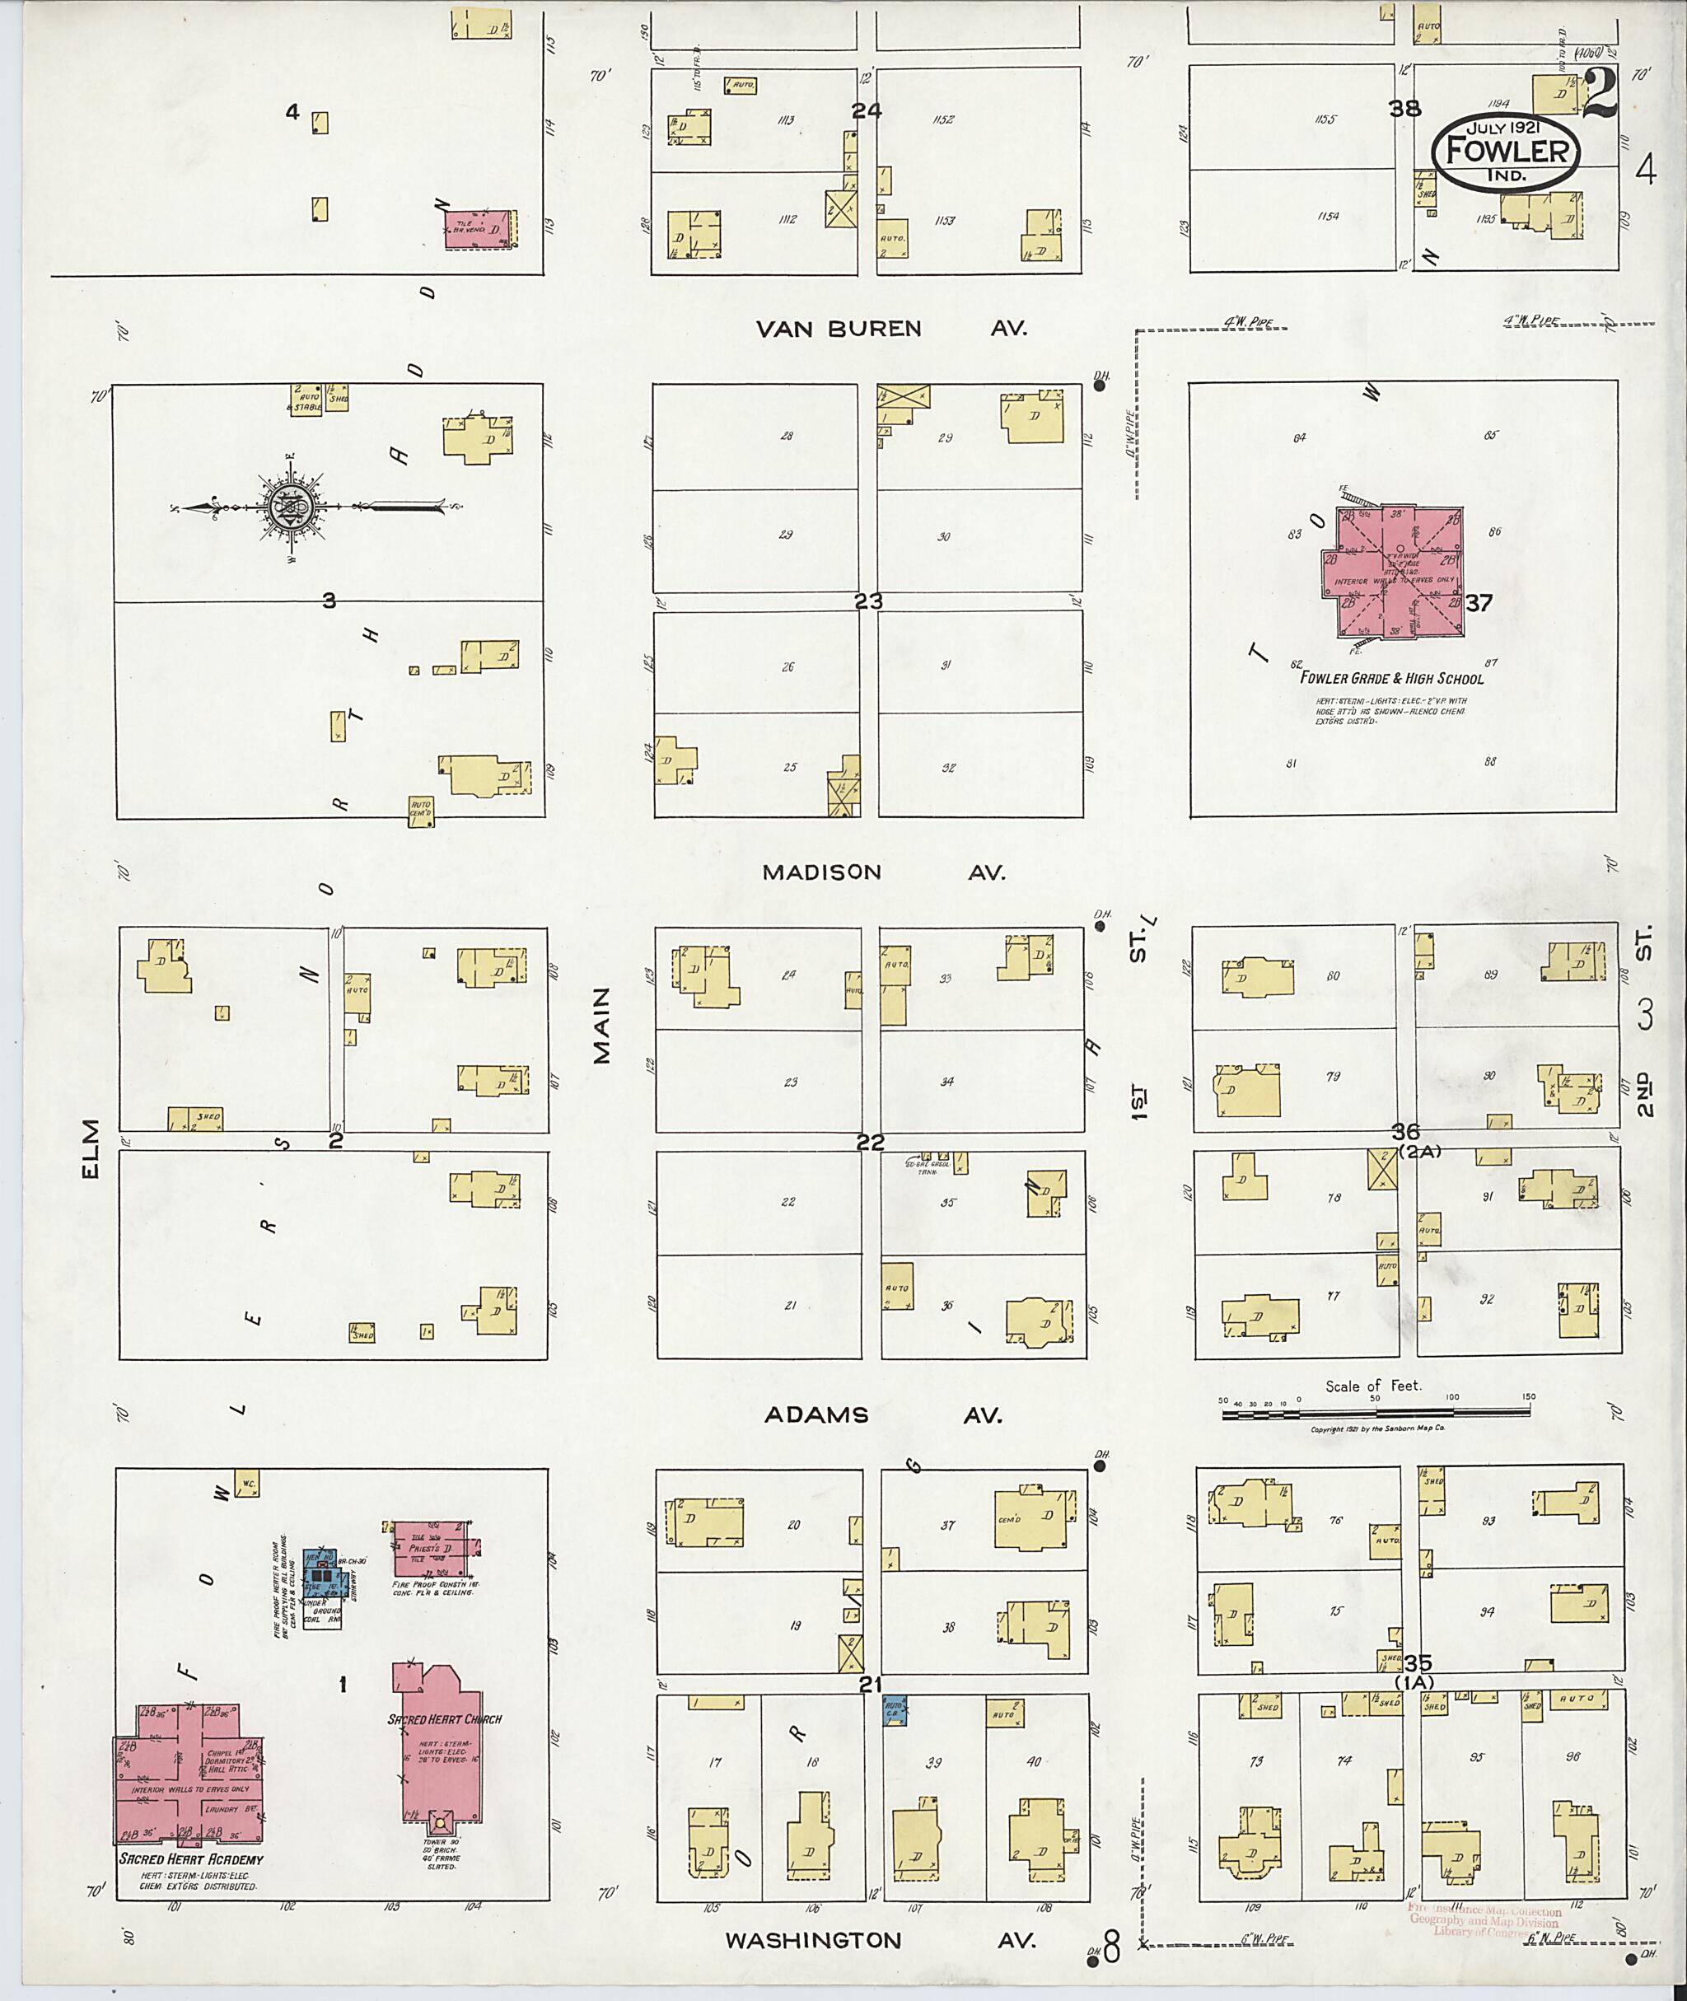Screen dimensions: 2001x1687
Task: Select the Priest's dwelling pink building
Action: point(435,1549)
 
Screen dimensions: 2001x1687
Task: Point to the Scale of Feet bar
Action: point(1376,1414)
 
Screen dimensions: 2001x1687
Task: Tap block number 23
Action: point(868,601)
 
